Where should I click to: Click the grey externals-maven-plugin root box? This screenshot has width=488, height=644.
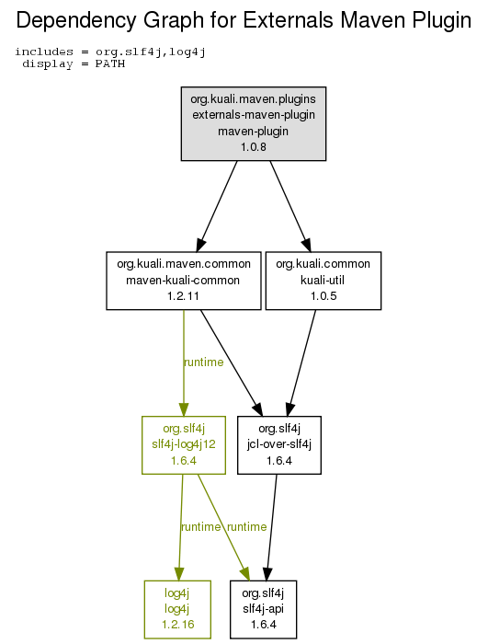[x=254, y=123]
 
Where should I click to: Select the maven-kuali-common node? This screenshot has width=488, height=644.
[x=184, y=281]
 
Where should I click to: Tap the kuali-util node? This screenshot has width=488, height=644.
[x=323, y=281]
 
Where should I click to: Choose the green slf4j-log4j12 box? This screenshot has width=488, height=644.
[x=184, y=445]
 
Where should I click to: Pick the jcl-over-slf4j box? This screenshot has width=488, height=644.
[x=279, y=445]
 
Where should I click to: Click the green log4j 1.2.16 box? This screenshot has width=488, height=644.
[x=177, y=609]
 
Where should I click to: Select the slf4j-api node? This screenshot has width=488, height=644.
[x=263, y=609]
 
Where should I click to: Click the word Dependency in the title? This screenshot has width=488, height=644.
[x=76, y=20]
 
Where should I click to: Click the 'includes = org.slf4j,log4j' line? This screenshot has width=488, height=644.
[x=110, y=52]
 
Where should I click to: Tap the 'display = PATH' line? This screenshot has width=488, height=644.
[x=74, y=64]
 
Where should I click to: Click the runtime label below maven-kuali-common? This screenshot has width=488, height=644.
[x=204, y=362]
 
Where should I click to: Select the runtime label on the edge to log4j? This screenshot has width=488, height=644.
[x=200, y=527]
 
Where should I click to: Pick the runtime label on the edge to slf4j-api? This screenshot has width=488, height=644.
[x=246, y=527]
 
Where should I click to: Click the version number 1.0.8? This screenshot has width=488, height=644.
[x=254, y=146]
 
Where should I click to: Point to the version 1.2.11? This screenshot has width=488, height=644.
[x=183, y=295]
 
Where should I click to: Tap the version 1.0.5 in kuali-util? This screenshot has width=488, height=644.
[x=323, y=295]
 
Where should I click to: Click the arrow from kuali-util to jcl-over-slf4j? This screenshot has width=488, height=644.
[x=302, y=363]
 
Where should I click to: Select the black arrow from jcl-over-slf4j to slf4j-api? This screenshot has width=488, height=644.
[x=272, y=527]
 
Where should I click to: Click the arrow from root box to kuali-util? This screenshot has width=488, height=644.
[x=290, y=206]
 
